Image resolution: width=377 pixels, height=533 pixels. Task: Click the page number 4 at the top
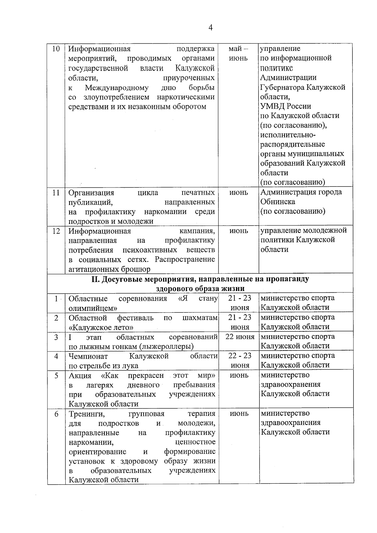(x=210, y=28)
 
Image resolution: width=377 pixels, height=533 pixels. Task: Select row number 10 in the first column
(x=56, y=49)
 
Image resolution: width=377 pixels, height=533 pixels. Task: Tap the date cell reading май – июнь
(x=238, y=53)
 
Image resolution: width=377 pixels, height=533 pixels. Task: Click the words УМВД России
(x=286, y=106)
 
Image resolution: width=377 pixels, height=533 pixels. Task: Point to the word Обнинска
(x=278, y=202)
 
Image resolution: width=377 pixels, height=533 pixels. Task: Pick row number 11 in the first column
(x=56, y=193)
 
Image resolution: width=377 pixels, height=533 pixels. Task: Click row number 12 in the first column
(x=56, y=231)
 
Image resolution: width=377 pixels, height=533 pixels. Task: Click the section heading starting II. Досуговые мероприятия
(x=200, y=284)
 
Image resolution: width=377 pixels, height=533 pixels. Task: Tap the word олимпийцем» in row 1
(x=93, y=308)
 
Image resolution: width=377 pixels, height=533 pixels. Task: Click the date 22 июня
(x=240, y=337)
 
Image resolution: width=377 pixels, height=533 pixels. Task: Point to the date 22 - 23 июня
(x=240, y=360)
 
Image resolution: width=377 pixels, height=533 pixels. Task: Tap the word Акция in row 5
(x=80, y=376)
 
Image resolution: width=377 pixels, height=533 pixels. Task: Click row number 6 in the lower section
(x=56, y=414)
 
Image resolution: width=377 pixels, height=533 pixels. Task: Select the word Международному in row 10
(x=117, y=87)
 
